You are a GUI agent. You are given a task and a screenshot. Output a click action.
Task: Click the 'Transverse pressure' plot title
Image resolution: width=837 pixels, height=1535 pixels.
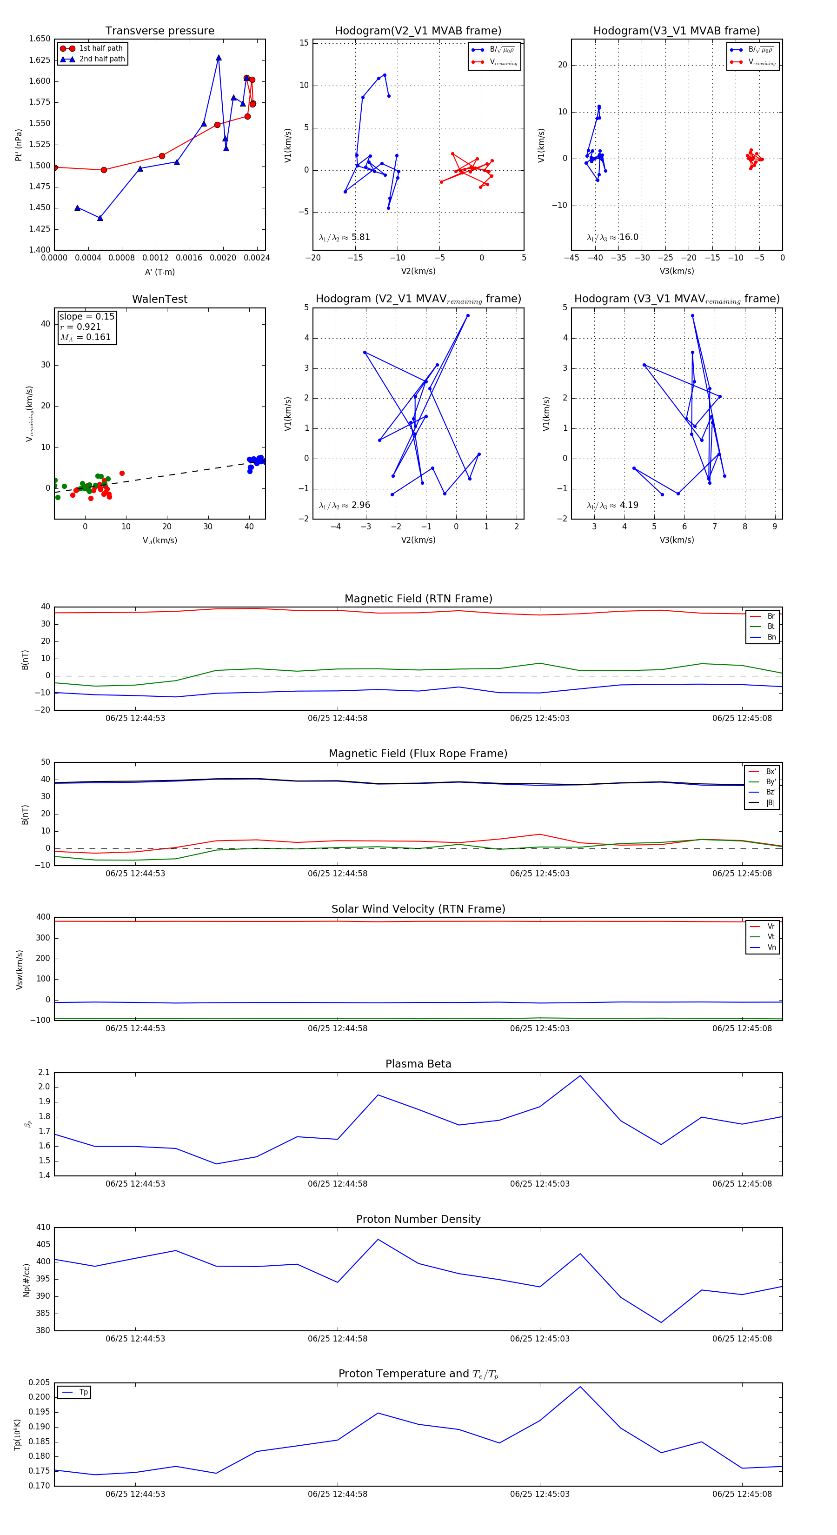(x=159, y=31)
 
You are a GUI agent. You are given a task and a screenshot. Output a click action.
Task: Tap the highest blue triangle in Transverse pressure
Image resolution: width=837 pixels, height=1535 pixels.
(x=219, y=58)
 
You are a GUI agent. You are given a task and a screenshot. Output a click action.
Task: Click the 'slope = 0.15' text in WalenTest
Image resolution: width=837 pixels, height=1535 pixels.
(x=87, y=316)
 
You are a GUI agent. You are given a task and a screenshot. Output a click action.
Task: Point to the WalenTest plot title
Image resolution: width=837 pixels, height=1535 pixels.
(x=159, y=299)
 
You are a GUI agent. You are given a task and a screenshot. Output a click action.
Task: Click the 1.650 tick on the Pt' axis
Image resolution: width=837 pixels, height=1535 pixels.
(x=40, y=39)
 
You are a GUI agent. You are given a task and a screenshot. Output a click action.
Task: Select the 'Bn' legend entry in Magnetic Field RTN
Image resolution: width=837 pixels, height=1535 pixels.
(x=771, y=637)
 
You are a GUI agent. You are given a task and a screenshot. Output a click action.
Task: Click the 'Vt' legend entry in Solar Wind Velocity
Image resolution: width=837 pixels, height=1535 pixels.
(x=771, y=937)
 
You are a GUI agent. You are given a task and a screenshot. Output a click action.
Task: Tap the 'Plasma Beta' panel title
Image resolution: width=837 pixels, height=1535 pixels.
(x=418, y=1064)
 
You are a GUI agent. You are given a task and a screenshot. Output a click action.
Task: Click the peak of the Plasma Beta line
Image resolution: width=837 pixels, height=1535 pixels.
(x=580, y=1075)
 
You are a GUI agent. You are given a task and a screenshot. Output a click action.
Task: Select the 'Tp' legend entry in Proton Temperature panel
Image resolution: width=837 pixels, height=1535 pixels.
(x=83, y=1392)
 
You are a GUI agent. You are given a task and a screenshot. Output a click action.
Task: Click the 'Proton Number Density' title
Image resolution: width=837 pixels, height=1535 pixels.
(x=418, y=1219)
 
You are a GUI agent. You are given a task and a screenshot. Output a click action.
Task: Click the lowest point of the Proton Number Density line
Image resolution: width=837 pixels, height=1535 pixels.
(x=661, y=1322)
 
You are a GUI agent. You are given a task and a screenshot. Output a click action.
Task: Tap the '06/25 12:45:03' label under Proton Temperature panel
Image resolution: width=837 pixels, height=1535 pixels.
(x=540, y=1494)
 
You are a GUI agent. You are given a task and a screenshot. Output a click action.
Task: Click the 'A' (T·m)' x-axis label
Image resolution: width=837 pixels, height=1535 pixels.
(x=159, y=272)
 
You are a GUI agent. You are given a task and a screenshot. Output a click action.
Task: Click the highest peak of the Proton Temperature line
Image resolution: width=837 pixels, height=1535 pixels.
(x=580, y=1387)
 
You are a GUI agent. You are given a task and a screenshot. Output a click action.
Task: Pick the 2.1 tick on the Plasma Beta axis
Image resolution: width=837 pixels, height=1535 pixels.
(x=44, y=1072)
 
